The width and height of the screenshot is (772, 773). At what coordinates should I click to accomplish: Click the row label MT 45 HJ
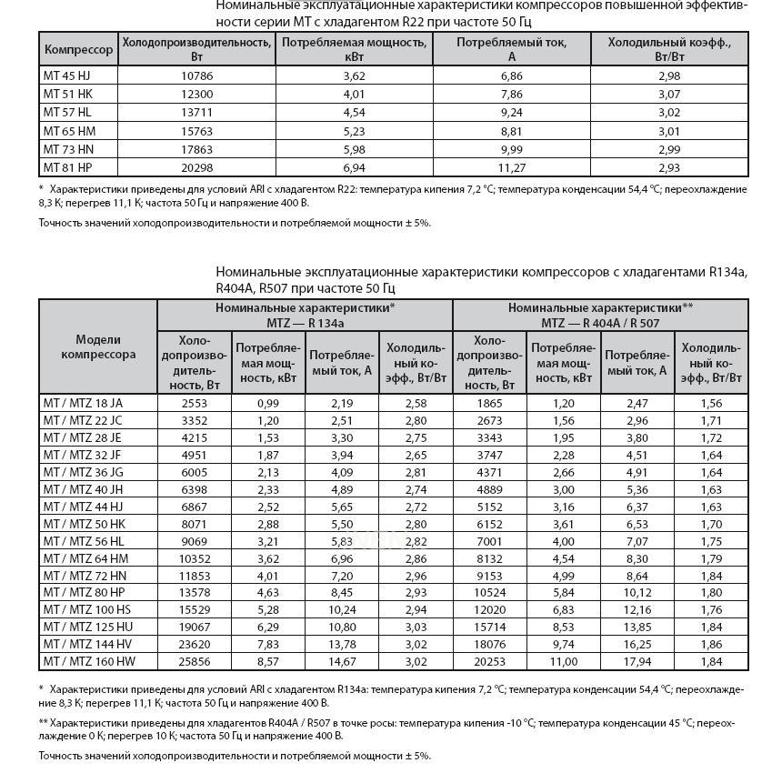[x=66, y=75]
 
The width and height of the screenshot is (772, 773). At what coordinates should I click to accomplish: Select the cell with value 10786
[x=196, y=75]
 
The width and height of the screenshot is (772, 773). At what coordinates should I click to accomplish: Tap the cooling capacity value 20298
[x=196, y=168]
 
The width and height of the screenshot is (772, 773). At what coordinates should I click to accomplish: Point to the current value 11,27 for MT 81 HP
[x=512, y=168]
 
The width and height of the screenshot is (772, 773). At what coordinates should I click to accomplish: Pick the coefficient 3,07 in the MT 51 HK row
[x=669, y=94]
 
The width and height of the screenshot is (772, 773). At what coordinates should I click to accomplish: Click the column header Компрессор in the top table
[x=78, y=49]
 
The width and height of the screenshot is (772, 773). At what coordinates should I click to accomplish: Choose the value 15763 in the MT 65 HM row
[x=196, y=131]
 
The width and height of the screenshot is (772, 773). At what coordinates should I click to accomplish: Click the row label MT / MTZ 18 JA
[x=83, y=403]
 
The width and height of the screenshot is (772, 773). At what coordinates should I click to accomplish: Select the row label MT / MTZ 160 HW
[x=86, y=662]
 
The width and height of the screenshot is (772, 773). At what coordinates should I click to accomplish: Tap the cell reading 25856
[x=195, y=662]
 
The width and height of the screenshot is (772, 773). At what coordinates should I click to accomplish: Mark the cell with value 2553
[x=195, y=403]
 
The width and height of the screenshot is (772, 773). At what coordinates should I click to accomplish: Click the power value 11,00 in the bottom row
[x=563, y=662]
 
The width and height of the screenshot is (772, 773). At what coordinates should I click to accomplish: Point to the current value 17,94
[x=637, y=662]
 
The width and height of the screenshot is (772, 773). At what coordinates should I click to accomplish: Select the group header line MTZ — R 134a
[x=305, y=323]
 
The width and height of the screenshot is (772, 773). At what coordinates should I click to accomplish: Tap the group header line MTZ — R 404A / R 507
[x=600, y=323]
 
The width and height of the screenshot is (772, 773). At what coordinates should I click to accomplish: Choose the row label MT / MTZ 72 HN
[x=85, y=576]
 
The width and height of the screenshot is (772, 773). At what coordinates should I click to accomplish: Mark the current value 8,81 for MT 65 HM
[x=512, y=131]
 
